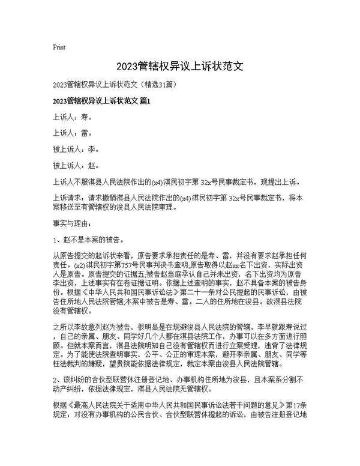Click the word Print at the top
(59, 47)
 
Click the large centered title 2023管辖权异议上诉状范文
(180, 65)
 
